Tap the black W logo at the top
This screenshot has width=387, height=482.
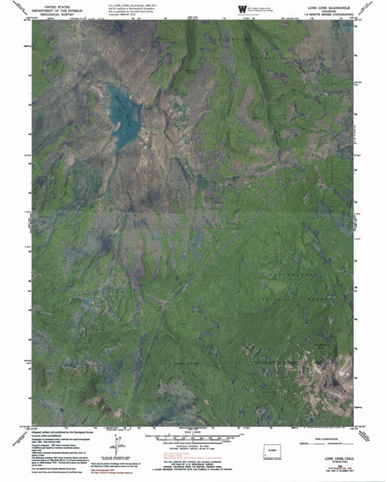pos(241,8)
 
